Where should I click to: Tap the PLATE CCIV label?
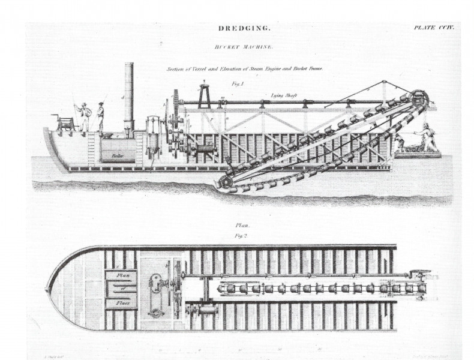click(x=434, y=28)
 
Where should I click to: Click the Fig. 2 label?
click(x=239, y=236)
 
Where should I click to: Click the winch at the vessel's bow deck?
click(x=64, y=124)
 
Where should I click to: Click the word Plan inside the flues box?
click(x=122, y=277)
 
